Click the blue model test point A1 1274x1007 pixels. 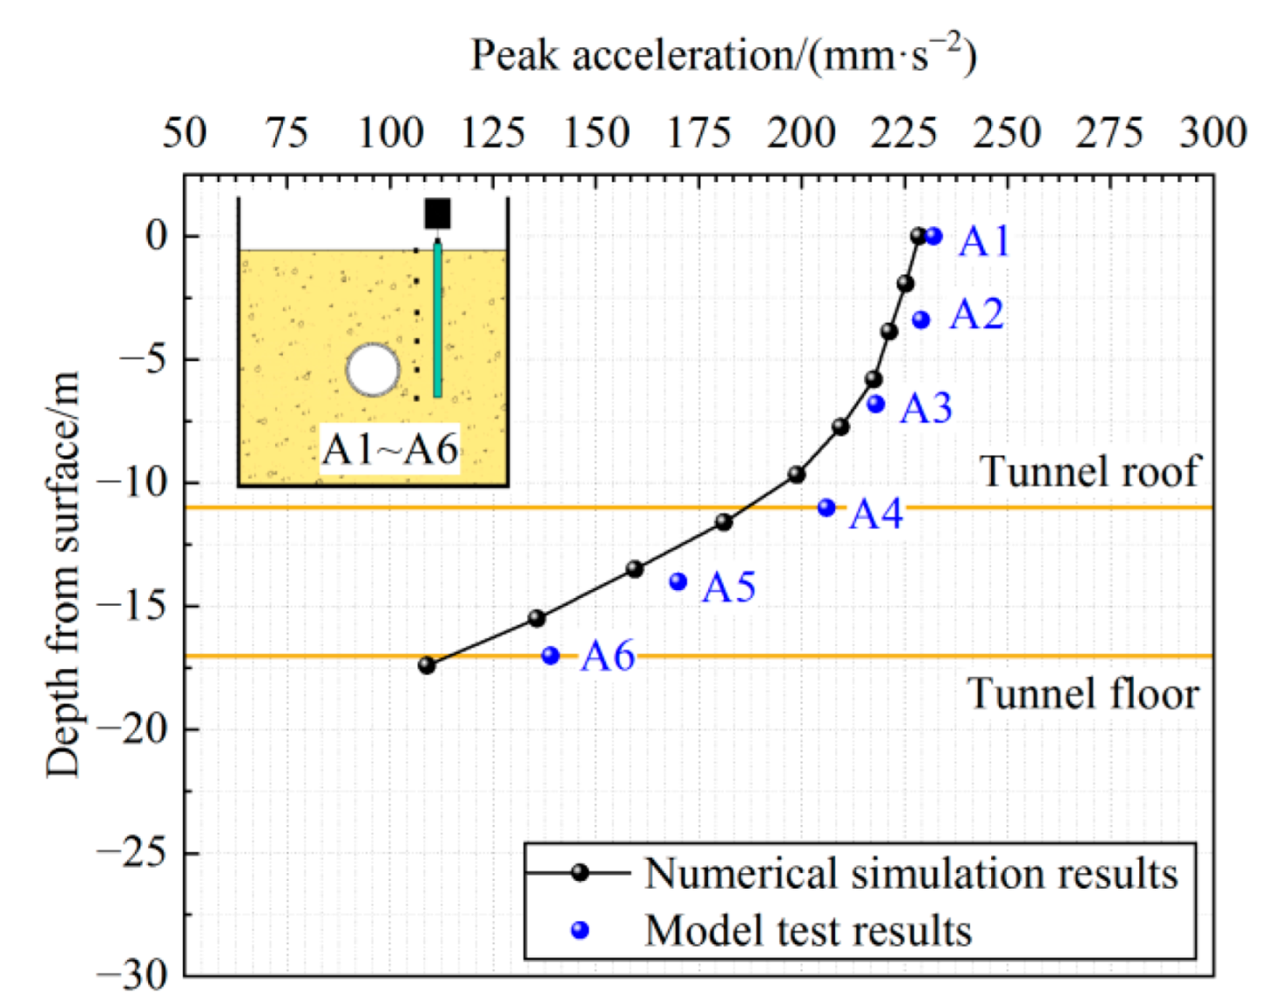click(x=934, y=236)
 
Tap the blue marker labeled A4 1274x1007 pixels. click(x=826, y=507)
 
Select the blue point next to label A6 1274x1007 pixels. click(x=550, y=655)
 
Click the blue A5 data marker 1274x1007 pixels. click(x=678, y=581)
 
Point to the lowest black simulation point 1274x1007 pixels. click(x=427, y=665)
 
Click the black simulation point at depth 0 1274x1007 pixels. click(x=918, y=236)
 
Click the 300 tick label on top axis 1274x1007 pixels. click(x=1213, y=133)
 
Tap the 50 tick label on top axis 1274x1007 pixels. click(x=184, y=133)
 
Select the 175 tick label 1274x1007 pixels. click(x=698, y=133)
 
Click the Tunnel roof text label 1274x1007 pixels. click(x=1089, y=471)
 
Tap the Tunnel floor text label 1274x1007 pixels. click(x=1082, y=694)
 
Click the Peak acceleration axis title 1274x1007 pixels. click(x=723, y=56)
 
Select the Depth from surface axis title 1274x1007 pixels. click(x=63, y=574)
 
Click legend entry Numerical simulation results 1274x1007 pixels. click(x=910, y=873)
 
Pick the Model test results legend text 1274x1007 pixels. click(x=807, y=930)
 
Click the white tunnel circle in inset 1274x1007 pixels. click(x=374, y=369)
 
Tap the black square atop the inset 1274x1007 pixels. click(x=437, y=213)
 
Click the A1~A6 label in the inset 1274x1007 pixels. click(x=389, y=449)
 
